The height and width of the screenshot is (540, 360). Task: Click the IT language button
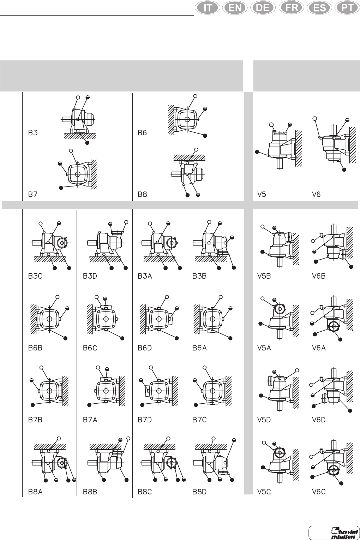pos(208,8)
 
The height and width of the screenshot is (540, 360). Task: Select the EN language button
pos(235,8)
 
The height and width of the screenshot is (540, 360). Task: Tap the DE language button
pos(263,8)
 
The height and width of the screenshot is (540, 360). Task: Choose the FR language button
pos(291,8)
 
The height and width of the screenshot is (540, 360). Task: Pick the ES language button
pos(319,8)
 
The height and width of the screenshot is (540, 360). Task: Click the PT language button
pos(347,8)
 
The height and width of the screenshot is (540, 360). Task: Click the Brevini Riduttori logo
pos(334,533)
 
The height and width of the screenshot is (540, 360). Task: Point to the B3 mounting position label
pos(33,133)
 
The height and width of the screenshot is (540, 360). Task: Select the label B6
pos(142,133)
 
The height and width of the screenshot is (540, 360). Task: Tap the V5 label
pos(262,194)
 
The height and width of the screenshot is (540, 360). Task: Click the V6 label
pos(317,194)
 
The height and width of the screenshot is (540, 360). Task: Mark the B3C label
pos(35,276)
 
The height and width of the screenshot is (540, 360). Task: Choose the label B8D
pos(199,492)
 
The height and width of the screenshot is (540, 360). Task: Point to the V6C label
pos(319,492)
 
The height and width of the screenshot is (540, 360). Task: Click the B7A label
pos(90,420)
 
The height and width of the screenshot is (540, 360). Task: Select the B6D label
pos(145,348)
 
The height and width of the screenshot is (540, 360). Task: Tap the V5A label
pos(264,348)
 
